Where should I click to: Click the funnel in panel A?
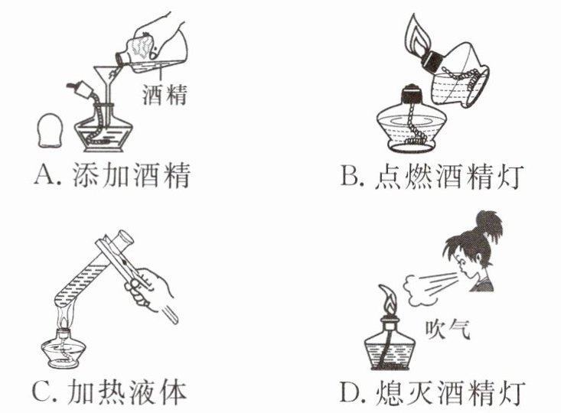point(106,77)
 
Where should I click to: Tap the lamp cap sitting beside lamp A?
point(51,131)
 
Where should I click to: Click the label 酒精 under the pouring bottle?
point(165,94)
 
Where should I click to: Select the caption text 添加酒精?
point(131,175)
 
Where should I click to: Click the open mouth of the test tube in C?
point(126,237)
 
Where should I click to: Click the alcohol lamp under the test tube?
point(64,347)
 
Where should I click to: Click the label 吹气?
point(447,329)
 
